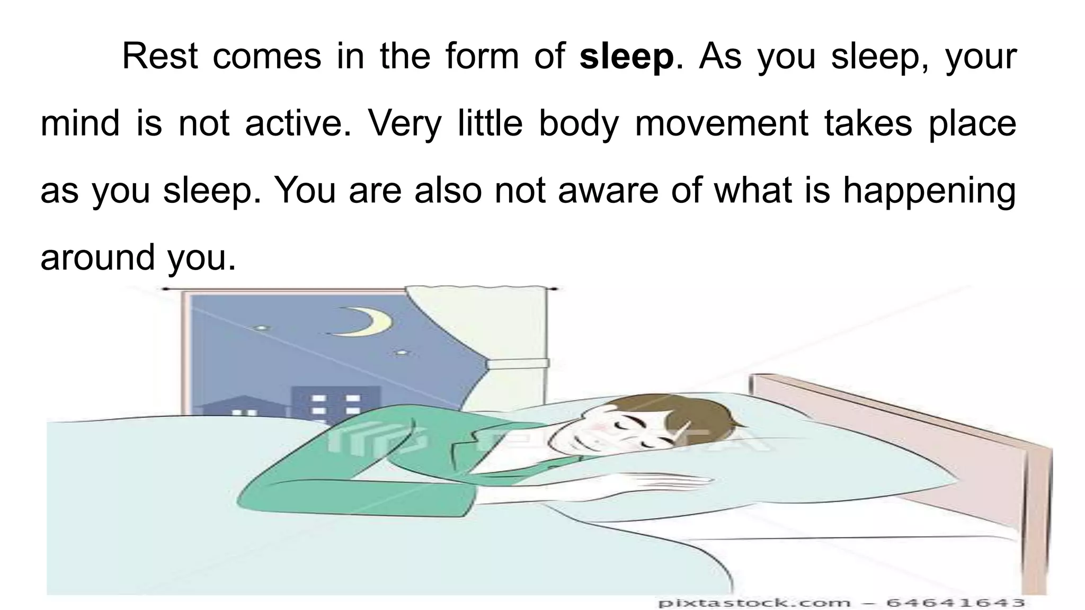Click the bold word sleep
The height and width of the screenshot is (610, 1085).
pyautogui.click(x=627, y=57)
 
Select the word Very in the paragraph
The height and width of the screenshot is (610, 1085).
pyautogui.click(x=404, y=123)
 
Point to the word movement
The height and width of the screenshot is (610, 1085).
pyautogui.click(x=721, y=123)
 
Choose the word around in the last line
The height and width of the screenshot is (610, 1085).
pyautogui.click(x=97, y=257)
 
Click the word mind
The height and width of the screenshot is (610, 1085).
pyautogui.click(x=80, y=123)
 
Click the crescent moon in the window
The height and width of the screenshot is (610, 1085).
pyautogui.click(x=371, y=322)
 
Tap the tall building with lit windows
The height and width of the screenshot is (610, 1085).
pyautogui.click(x=335, y=405)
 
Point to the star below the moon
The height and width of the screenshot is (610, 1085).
pyautogui.click(x=402, y=352)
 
